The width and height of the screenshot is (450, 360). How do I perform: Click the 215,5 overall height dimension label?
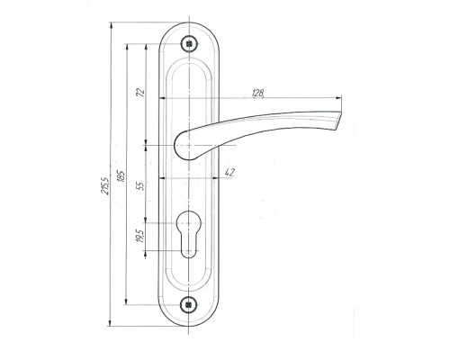click(106, 185)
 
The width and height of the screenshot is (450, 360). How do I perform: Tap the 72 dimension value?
click(140, 93)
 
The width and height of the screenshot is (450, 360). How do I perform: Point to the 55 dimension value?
click(140, 186)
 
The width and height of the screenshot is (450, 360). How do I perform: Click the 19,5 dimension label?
click(139, 236)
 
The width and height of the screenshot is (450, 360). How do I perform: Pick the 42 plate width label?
click(229, 172)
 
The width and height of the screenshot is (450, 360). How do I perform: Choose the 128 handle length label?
click(258, 94)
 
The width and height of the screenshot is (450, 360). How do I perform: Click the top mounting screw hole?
click(189, 44)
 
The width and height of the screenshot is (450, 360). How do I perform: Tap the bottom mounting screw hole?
click(189, 305)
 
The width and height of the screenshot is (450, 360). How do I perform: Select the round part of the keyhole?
click(188, 222)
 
